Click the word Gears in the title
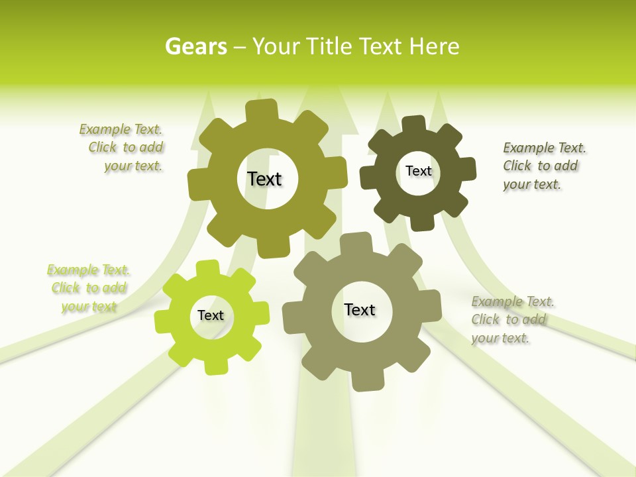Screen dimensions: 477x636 tap(195, 46)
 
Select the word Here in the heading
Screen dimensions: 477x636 tap(434, 46)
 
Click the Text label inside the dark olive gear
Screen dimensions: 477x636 tap(418, 171)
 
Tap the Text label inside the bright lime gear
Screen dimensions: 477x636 tap(211, 315)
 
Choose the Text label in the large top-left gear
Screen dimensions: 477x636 tap(264, 179)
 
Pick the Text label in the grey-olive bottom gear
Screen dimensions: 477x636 tap(360, 309)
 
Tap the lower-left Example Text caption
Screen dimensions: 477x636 tap(89, 288)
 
